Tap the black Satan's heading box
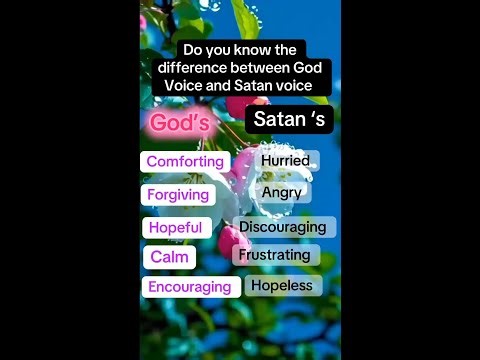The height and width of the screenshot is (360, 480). (x=289, y=120)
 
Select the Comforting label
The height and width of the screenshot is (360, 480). (x=186, y=161)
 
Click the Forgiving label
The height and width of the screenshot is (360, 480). (x=178, y=194)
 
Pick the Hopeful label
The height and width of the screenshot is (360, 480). (x=176, y=227)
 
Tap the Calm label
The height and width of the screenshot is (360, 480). (x=170, y=257)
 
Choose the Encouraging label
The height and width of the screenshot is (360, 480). (x=190, y=287)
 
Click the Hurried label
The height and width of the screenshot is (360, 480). (x=285, y=160)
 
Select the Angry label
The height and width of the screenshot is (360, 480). (x=282, y=192)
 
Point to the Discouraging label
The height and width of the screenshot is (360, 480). (x=283, y=227)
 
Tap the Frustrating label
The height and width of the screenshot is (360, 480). (x=275, y=255)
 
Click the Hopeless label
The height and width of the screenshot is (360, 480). (x=281, y=285)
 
